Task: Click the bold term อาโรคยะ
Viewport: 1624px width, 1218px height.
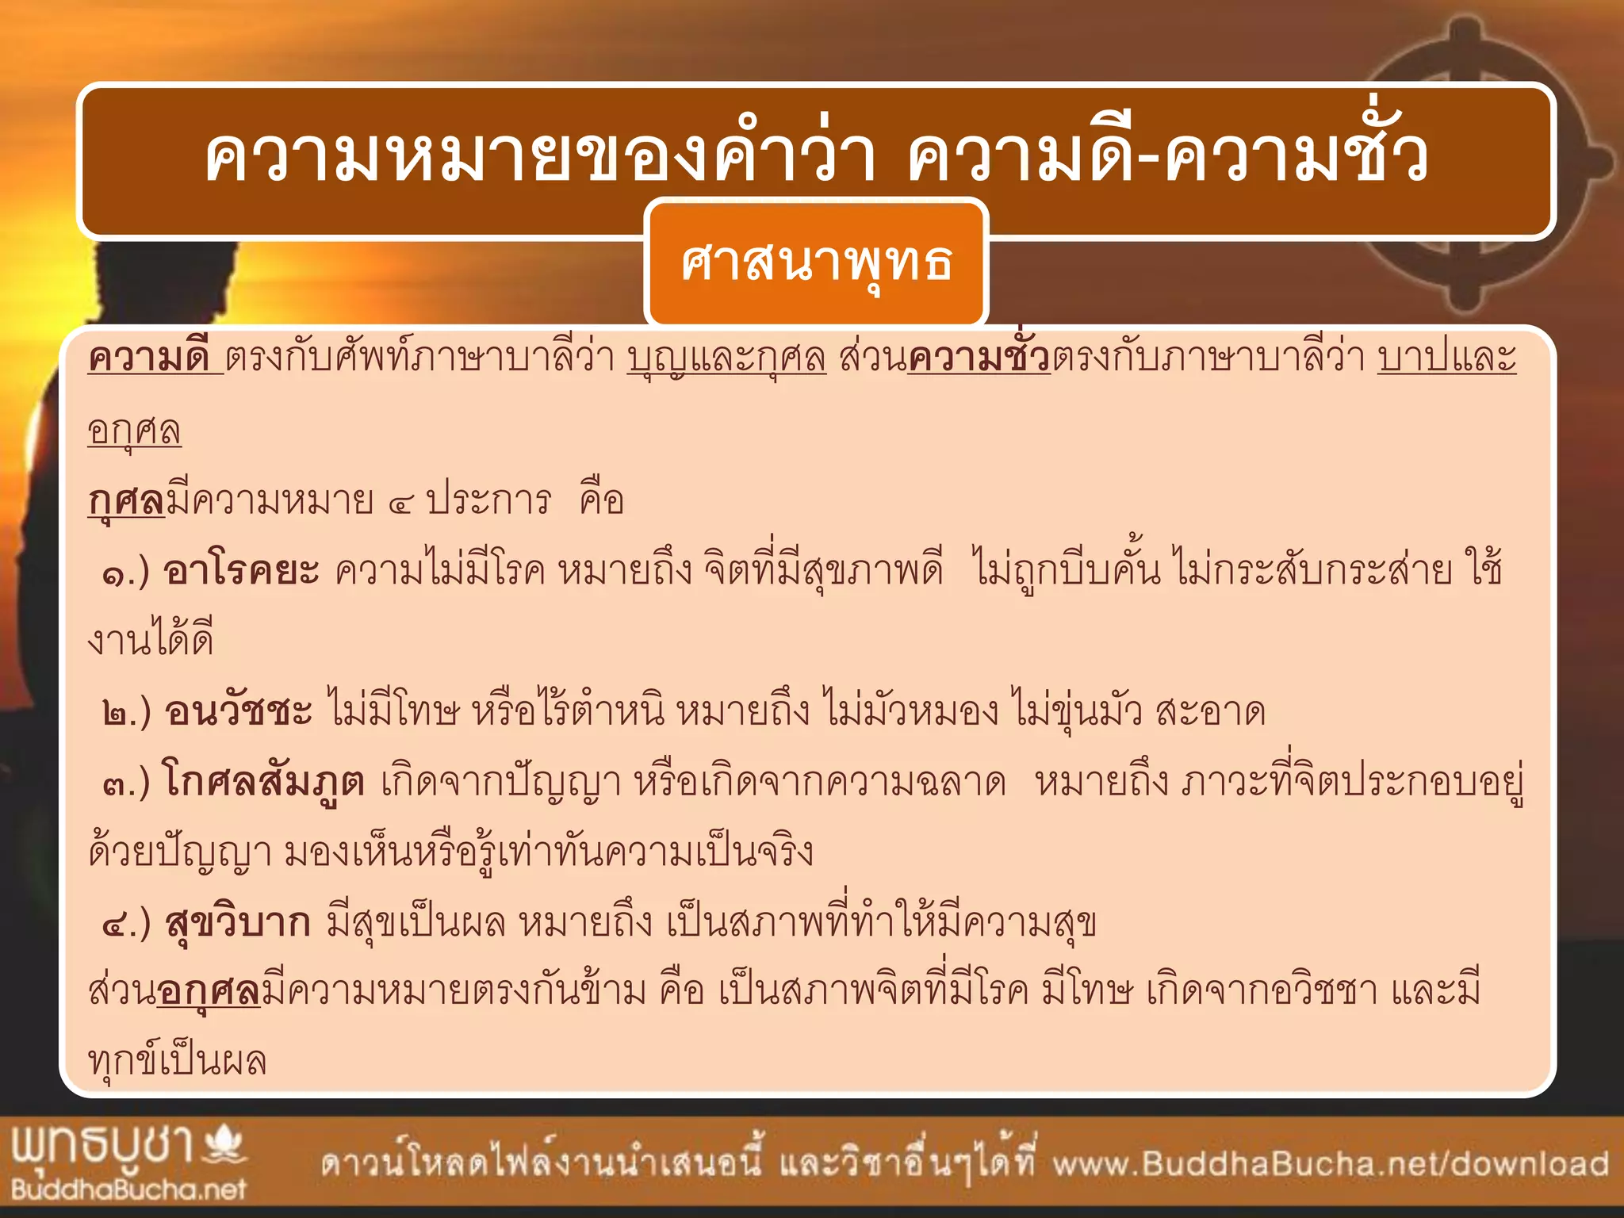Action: point(241,570)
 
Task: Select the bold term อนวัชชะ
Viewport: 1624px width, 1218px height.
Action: point(239,710)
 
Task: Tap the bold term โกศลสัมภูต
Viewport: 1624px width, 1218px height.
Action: point(264,781)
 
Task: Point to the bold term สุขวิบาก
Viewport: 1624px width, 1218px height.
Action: point(238,922)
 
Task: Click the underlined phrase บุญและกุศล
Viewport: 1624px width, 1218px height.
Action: point(726,358)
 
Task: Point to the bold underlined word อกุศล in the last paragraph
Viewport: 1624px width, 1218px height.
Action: point(209,992)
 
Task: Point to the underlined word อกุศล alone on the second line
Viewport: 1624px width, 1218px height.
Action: point(134,431)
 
